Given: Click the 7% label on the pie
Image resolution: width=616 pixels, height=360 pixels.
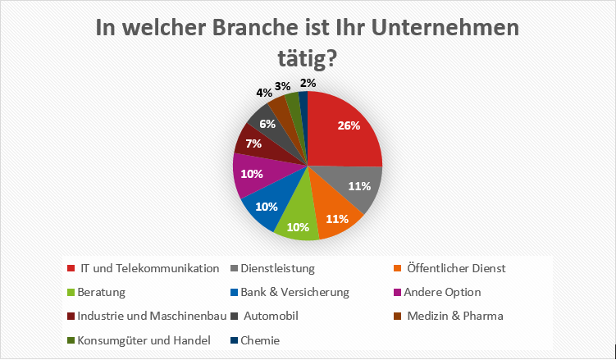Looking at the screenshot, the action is (253, 144).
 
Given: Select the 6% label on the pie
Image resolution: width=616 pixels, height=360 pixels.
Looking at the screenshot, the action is (267, 124).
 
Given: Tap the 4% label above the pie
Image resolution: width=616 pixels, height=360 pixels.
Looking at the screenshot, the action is (264, 93).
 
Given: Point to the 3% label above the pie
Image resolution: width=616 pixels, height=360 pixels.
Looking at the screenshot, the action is (282, 86).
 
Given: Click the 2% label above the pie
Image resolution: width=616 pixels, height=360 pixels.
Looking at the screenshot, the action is (308, 83).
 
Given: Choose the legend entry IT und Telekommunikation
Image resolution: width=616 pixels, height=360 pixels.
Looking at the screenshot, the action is (143, 268).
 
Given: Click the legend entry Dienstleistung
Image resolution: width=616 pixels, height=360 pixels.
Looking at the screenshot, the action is (272, 268).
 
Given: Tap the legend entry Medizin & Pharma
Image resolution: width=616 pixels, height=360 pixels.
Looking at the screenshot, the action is (449, 316).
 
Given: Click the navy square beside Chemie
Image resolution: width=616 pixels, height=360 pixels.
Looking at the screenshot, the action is (234, 340).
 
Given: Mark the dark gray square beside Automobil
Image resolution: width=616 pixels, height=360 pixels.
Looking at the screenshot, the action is (234, 316).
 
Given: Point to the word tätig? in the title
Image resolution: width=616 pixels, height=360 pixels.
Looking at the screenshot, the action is (308, 58).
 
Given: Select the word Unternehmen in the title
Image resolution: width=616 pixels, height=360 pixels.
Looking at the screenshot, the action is (442, 29).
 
